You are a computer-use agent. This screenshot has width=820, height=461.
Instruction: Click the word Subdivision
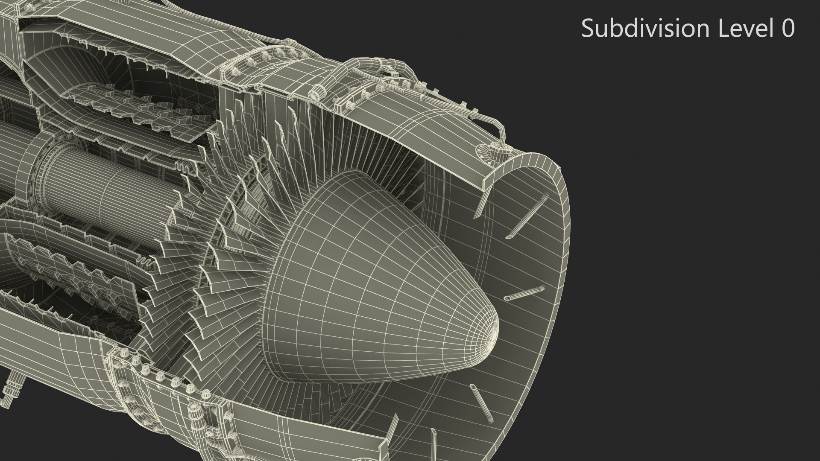(x=645, y=29)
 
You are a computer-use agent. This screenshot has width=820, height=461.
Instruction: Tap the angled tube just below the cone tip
(x=480, y=400)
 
